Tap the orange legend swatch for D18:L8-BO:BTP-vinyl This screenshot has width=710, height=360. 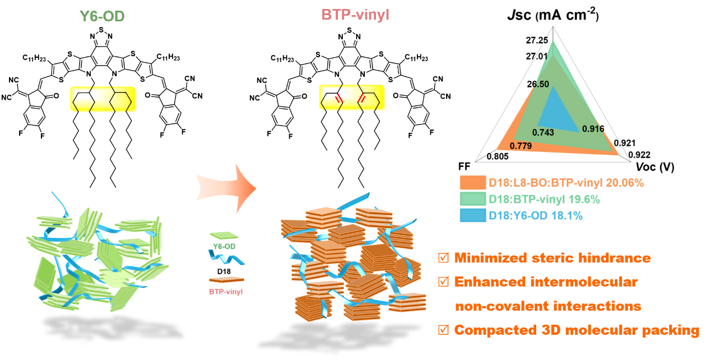tap(472, 183)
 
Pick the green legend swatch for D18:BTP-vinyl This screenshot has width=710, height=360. tap(472, 199)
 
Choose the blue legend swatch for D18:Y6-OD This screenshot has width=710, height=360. tap(472, 214)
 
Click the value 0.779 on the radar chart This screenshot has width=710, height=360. tap(521, 146)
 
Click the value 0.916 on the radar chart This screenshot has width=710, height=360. tap(593, 128)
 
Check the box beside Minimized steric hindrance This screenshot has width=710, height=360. tap(443, 259)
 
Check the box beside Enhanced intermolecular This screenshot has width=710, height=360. tap(443, 282)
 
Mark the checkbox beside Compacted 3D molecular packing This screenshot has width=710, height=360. tap(443, 330)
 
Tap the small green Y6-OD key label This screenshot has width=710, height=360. tap(223, 246)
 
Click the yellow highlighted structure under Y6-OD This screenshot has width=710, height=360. tap(103, 99)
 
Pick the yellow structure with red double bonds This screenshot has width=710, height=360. tap(352, 98)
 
